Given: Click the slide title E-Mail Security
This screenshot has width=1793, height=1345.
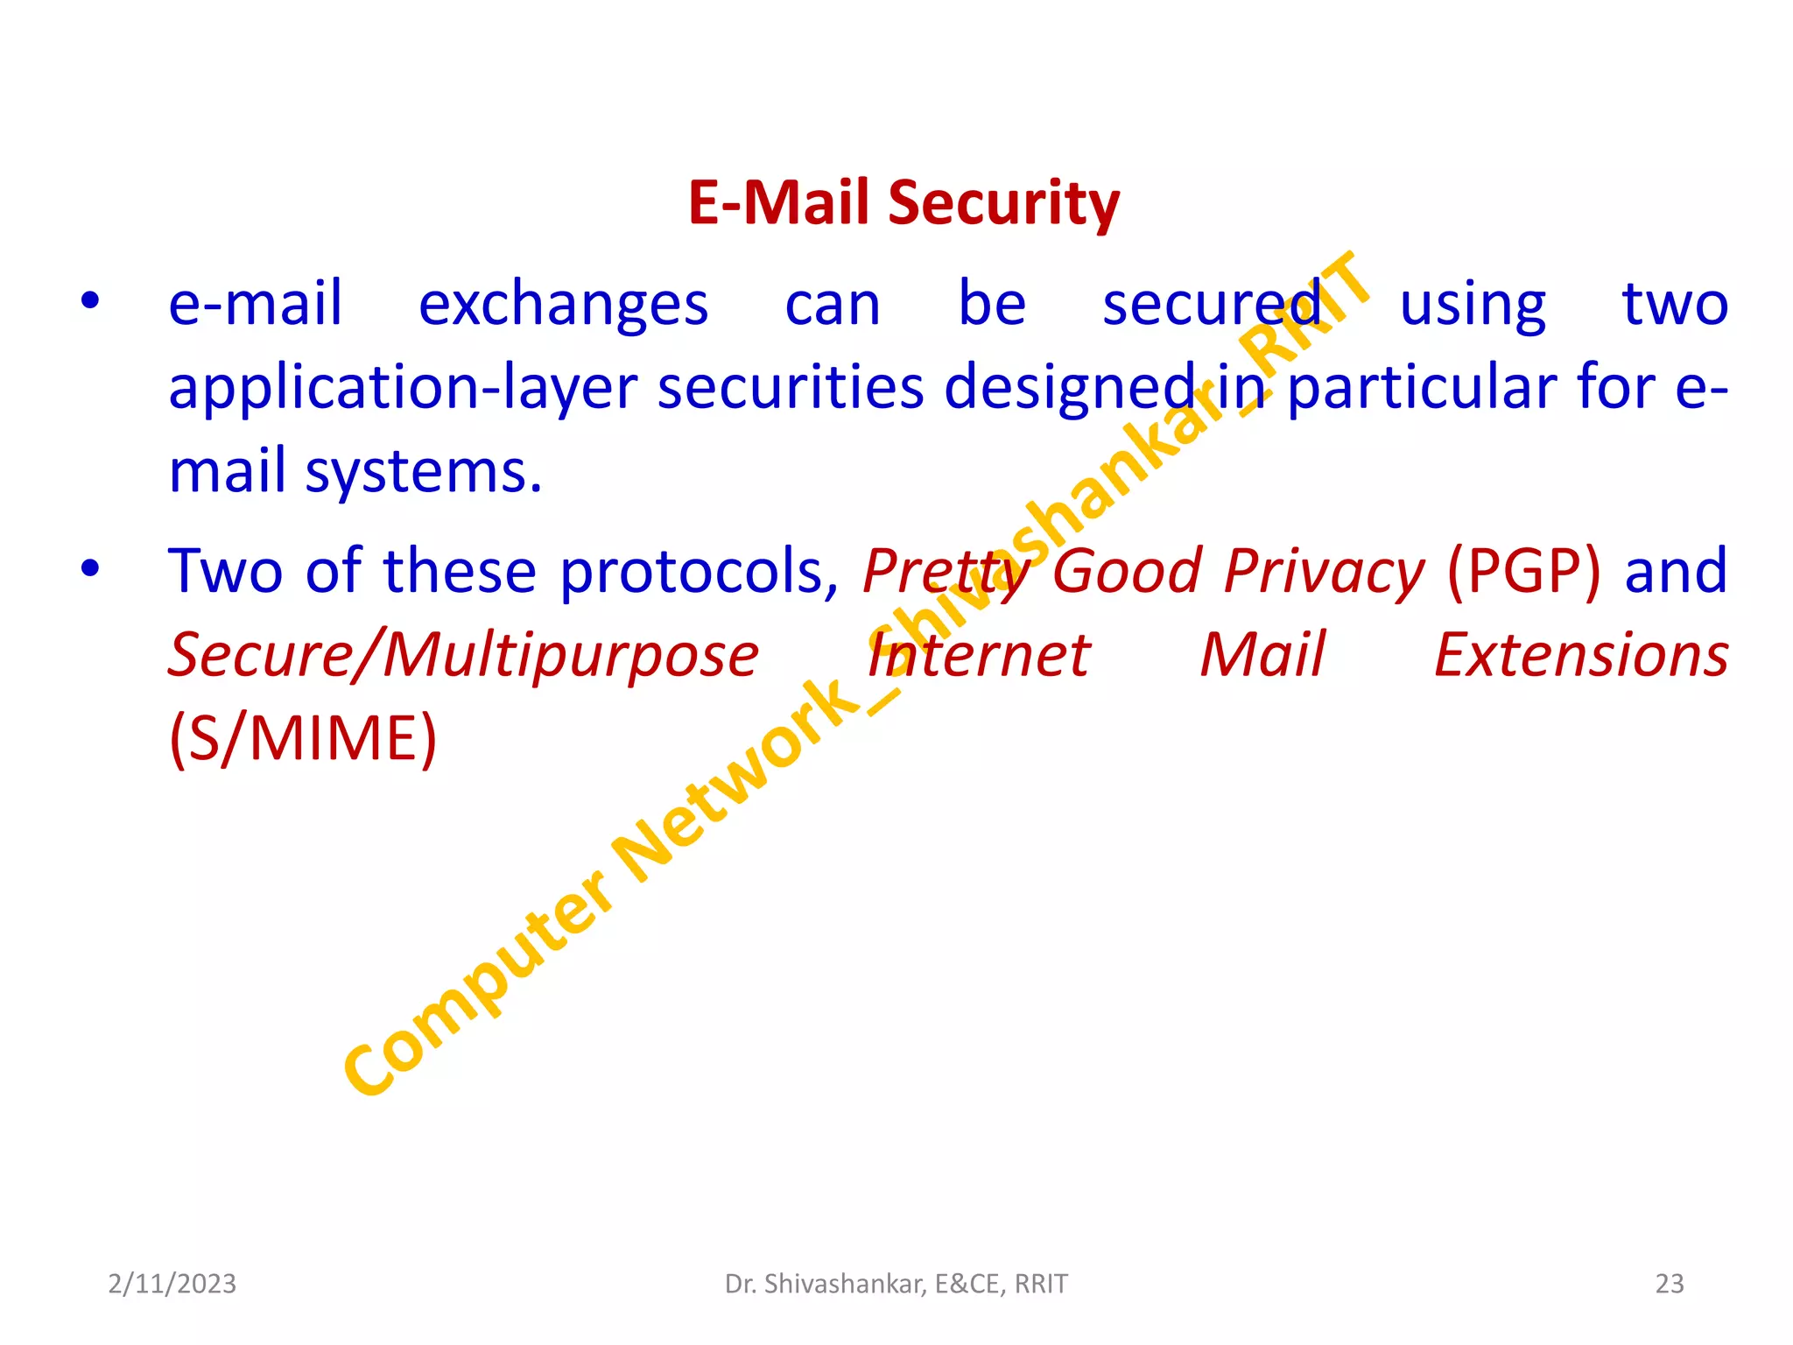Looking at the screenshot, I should [x=904, y=203].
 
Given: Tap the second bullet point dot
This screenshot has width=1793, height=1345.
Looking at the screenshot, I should [x=90, y=570].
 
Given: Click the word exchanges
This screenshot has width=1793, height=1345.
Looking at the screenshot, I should [x=563, y=305].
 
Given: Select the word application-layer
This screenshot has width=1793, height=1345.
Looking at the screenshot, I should [x=403, y=388].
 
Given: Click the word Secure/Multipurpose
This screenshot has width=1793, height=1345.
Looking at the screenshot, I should [x=463, y=655].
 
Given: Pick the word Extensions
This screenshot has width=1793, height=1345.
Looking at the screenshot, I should [x=1581, y=655].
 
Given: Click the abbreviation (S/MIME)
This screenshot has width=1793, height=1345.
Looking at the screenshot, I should [x=303, y=738].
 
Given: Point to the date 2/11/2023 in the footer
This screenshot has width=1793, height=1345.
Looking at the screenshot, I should [x=172, y=1284].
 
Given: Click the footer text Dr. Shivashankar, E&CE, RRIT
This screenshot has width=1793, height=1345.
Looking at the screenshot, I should [x=896, y=1284].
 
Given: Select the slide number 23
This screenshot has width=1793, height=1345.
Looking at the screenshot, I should [x=1670, y=1284].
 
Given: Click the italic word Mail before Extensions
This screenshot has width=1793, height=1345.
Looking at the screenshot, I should [x=1262, y=655].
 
